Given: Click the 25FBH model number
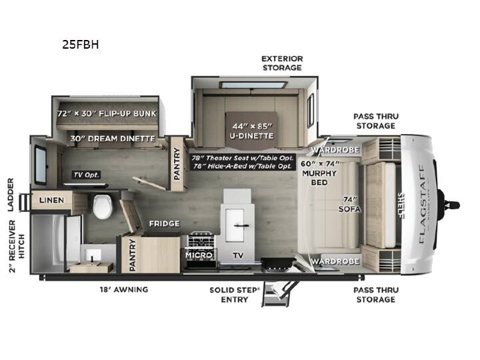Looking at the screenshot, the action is tap(81, 45).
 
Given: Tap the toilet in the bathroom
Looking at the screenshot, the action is tap(103, 206).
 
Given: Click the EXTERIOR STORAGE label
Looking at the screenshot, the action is tap(282, 63).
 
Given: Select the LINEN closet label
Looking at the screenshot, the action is tap(51, 200).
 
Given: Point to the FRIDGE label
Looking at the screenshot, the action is tap(165, 224).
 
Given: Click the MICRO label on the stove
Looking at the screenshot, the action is tap(199, 255).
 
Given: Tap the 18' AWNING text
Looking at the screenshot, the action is tap(124, 289).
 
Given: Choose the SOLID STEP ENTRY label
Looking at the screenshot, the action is tap(235, 295).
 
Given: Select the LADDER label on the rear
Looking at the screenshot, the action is tap(11, 195).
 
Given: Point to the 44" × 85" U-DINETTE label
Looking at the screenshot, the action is tap(251, 131).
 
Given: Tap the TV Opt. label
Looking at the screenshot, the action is tap(86, 175).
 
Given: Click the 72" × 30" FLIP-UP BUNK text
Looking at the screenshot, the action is tap(107, 113).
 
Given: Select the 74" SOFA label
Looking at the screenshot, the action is tap(349, 204).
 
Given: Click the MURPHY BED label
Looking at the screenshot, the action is tap(319, 178).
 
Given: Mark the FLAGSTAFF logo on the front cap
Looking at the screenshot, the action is tap(422, 204).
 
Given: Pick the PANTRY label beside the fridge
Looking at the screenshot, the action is tap(132, 255).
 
